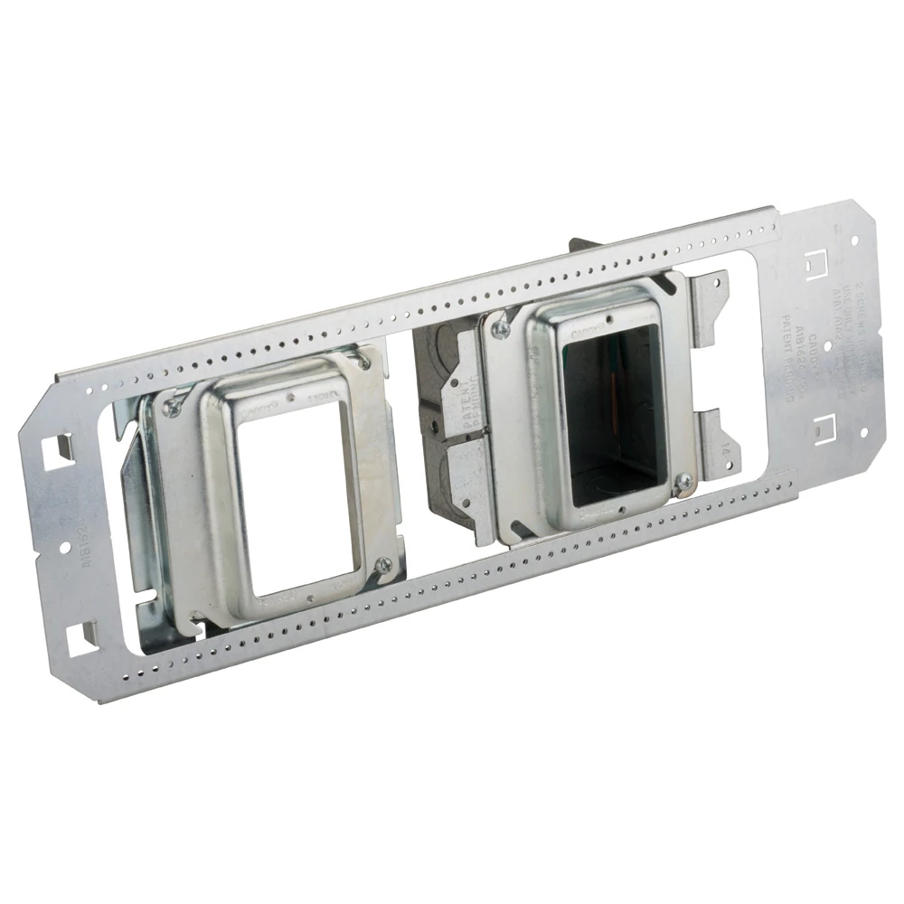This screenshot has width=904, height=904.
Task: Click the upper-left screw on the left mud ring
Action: [x=169, y=407]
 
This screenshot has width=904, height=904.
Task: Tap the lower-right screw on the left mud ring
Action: [x=383, y=564]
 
